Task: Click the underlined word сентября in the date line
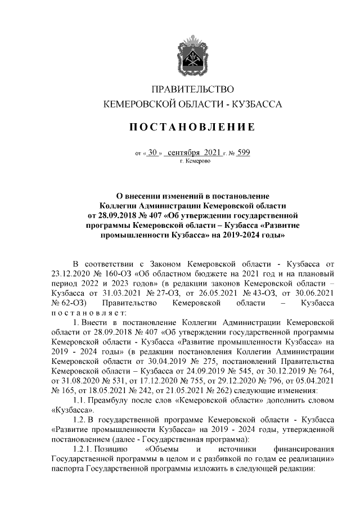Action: click(x=184, y=152)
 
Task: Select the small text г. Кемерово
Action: click(x=195, y=161)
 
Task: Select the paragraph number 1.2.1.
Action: click(x=83, y=448)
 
